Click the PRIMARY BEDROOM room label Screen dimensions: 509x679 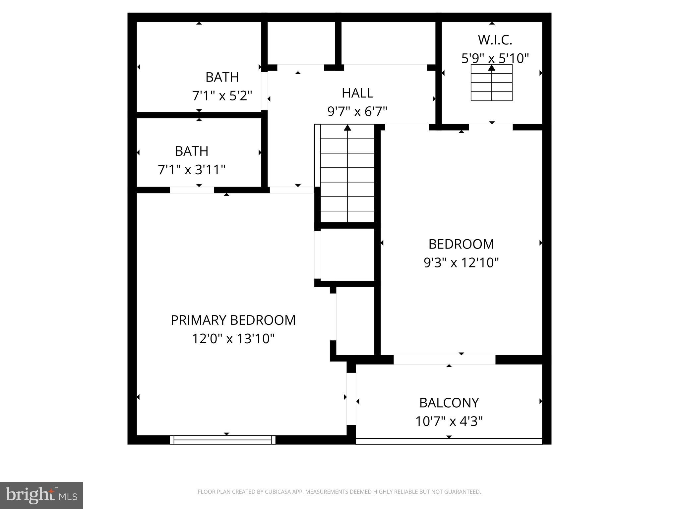pos(233,320)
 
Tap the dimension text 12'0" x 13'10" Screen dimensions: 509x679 pos(233,339)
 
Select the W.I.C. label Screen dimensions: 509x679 pos(495,40)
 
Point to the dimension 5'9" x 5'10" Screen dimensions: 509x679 pos(495,59)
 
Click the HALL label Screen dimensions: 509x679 pos(357,93)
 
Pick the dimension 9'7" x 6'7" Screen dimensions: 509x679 pos(357,112)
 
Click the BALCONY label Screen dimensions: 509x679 pos(449,403)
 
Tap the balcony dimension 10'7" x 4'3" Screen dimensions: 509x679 pos(449,422)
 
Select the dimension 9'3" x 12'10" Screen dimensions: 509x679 pos(461,263)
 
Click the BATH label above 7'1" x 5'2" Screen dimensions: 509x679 pos(222,77)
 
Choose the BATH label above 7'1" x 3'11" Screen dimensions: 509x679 pos(192,151)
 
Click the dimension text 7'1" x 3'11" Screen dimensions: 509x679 pos(192,170)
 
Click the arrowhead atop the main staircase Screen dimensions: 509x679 pos(347,128)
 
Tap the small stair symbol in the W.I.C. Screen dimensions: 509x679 pos(492,83)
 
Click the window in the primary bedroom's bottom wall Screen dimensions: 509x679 pos(222,440)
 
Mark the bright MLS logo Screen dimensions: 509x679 pos(41,495)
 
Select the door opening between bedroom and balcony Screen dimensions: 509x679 pos(444,360)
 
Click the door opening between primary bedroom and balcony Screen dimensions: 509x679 pos(351,399)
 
